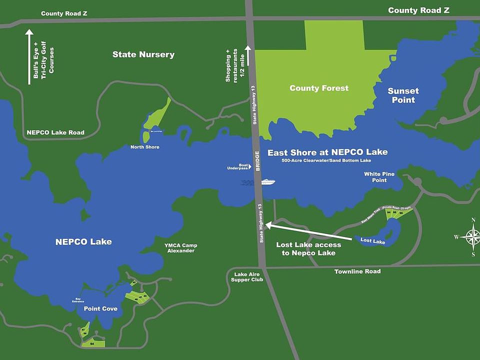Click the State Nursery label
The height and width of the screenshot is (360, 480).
coord(143,54)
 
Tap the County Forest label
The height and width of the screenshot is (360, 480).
coord(319,88)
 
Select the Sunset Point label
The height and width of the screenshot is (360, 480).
coord(403,95)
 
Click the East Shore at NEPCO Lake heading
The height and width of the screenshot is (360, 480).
coord(327,152)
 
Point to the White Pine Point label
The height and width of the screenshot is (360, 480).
coord(379,177)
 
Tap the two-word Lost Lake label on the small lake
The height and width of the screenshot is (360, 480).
coord(372,241)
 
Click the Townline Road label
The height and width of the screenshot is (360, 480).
coord(358,271)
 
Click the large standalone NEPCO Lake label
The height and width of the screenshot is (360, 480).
coord(83,241)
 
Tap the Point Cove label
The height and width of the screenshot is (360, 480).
coord(100,308)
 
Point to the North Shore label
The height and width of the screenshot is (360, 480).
coord(144,147)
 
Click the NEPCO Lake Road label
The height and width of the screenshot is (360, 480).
coord(55,132)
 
